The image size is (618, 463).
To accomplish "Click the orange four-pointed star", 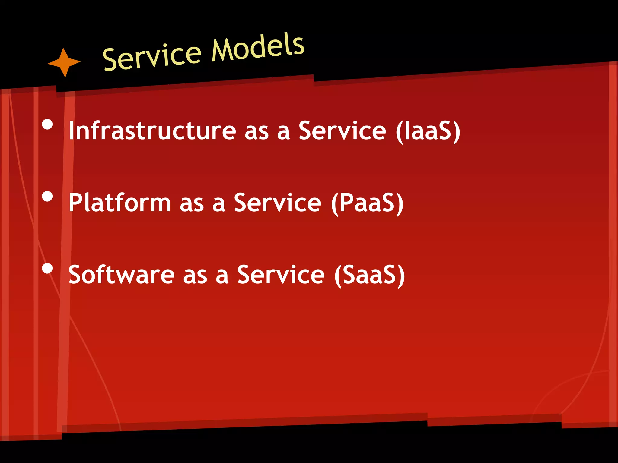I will click(64, 62).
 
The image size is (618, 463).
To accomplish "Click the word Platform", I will click(120, 203).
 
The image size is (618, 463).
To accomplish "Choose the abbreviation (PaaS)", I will click(367, 203).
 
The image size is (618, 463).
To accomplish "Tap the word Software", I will click(122, 275).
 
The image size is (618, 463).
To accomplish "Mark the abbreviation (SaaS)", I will click(369, 275).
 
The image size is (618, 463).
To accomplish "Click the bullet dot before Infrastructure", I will click(47, 124).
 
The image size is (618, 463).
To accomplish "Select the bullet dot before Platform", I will click(47, 197).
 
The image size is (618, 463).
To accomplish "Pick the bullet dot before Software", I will click(47, 268).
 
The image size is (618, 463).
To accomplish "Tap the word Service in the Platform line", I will click(278, 203).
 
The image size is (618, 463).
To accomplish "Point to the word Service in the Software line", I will click(281, 275).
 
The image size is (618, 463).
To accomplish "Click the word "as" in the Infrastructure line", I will click(256, 133).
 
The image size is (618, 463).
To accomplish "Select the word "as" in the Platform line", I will click(192, 205).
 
